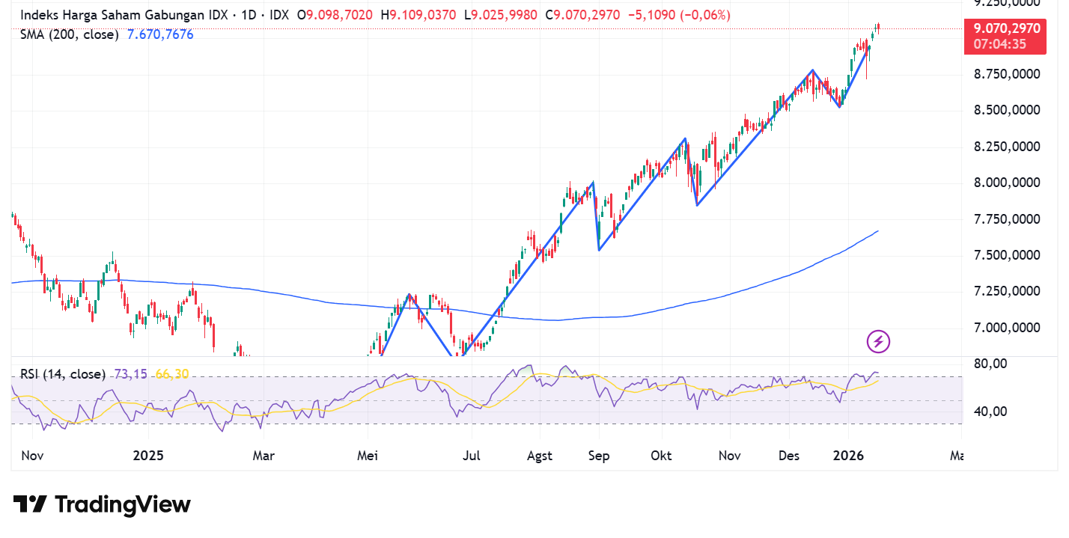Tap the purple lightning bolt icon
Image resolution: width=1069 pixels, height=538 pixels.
coord(878,342)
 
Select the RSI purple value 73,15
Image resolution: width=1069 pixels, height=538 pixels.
coord(130,374)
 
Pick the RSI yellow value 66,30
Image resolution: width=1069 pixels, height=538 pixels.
coord(171,374)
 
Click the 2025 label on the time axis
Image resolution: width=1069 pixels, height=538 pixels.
coord(147,456)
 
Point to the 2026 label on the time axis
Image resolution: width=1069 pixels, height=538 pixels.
coord(848,456)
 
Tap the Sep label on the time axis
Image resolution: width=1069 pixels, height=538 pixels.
coord(599,456)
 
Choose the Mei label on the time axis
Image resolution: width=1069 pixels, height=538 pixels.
coord(368,456)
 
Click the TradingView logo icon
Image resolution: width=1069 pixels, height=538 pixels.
coord(30,504)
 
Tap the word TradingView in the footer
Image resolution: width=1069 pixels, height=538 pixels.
coord(123,505)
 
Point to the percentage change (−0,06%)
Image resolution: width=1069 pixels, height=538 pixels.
coord(705,15)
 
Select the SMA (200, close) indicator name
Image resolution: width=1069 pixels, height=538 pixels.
coord(70,34)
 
